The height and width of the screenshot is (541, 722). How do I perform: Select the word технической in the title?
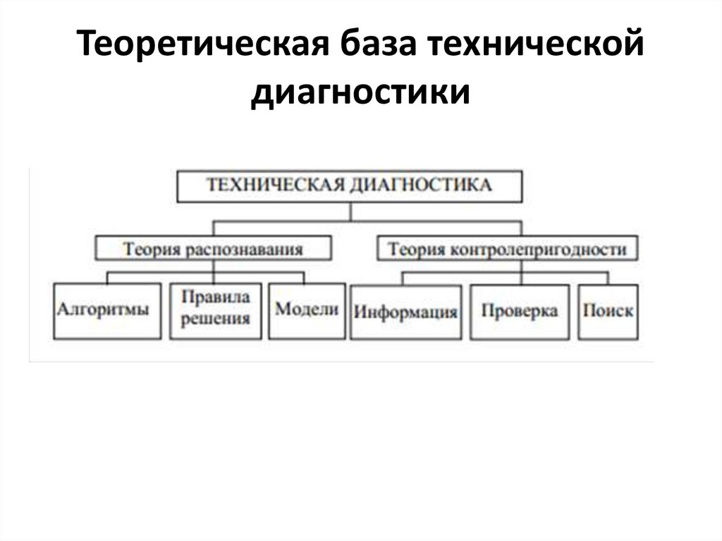click(537, 47)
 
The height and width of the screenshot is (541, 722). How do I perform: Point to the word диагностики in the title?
click(360, 92)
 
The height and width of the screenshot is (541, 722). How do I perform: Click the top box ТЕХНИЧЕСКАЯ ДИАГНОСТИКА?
click(349, 186)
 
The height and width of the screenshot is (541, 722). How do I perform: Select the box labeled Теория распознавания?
click(213, 249)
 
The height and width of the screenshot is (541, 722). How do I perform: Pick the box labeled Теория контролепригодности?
click(508, 249)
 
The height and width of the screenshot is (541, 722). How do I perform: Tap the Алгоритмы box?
click(103, 310)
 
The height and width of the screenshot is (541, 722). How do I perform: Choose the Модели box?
click(307, 310)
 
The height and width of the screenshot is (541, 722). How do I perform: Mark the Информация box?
click(405, 312)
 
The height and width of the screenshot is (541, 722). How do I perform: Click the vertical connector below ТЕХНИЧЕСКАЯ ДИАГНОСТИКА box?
click(350, 212)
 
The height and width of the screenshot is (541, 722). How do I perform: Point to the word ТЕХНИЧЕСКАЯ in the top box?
click(271, 186)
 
